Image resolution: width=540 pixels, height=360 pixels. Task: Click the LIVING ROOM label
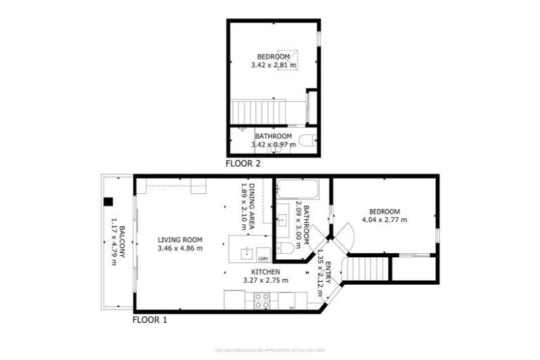(180, 240)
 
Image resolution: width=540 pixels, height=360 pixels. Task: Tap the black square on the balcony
(108, 202)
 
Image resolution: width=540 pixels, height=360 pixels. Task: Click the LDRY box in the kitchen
(263, 257)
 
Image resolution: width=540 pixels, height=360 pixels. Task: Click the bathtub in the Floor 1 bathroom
(298, 189)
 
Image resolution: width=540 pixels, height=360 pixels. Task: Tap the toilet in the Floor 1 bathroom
(285, 248)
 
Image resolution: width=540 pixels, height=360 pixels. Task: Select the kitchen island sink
(247, 251)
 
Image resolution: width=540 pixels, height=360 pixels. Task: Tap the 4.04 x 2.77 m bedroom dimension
(385, 220)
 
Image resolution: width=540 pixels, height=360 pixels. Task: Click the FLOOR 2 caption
(243, 164)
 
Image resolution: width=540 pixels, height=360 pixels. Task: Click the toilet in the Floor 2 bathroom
(307, 141)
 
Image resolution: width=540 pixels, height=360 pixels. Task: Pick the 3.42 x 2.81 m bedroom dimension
(274, 65)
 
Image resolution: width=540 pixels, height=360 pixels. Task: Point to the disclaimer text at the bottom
(269, 350)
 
